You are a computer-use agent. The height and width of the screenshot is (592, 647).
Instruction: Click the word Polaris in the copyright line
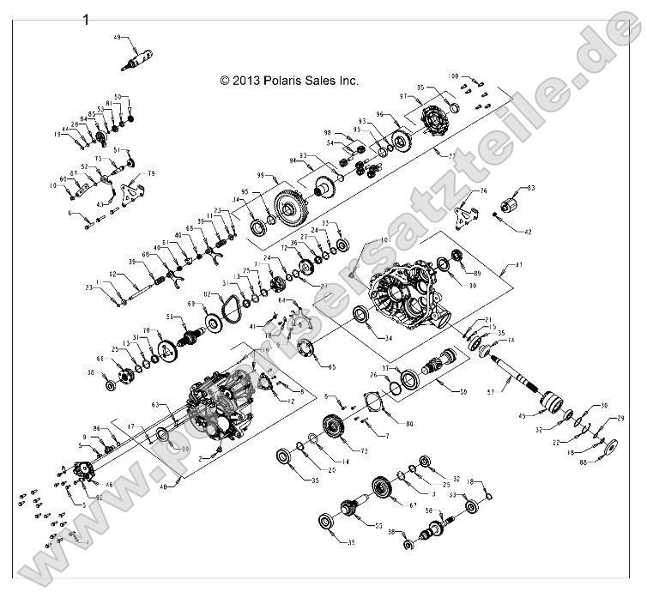click(x=278, y=81)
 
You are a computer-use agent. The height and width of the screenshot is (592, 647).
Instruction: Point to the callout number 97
click(x=426, y=97)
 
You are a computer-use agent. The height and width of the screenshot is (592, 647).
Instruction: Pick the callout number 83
click(x=530, y=187)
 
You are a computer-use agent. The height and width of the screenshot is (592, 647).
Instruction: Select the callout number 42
click(x=527, y=232)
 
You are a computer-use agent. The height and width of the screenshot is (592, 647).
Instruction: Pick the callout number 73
click(x=364, y=450)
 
